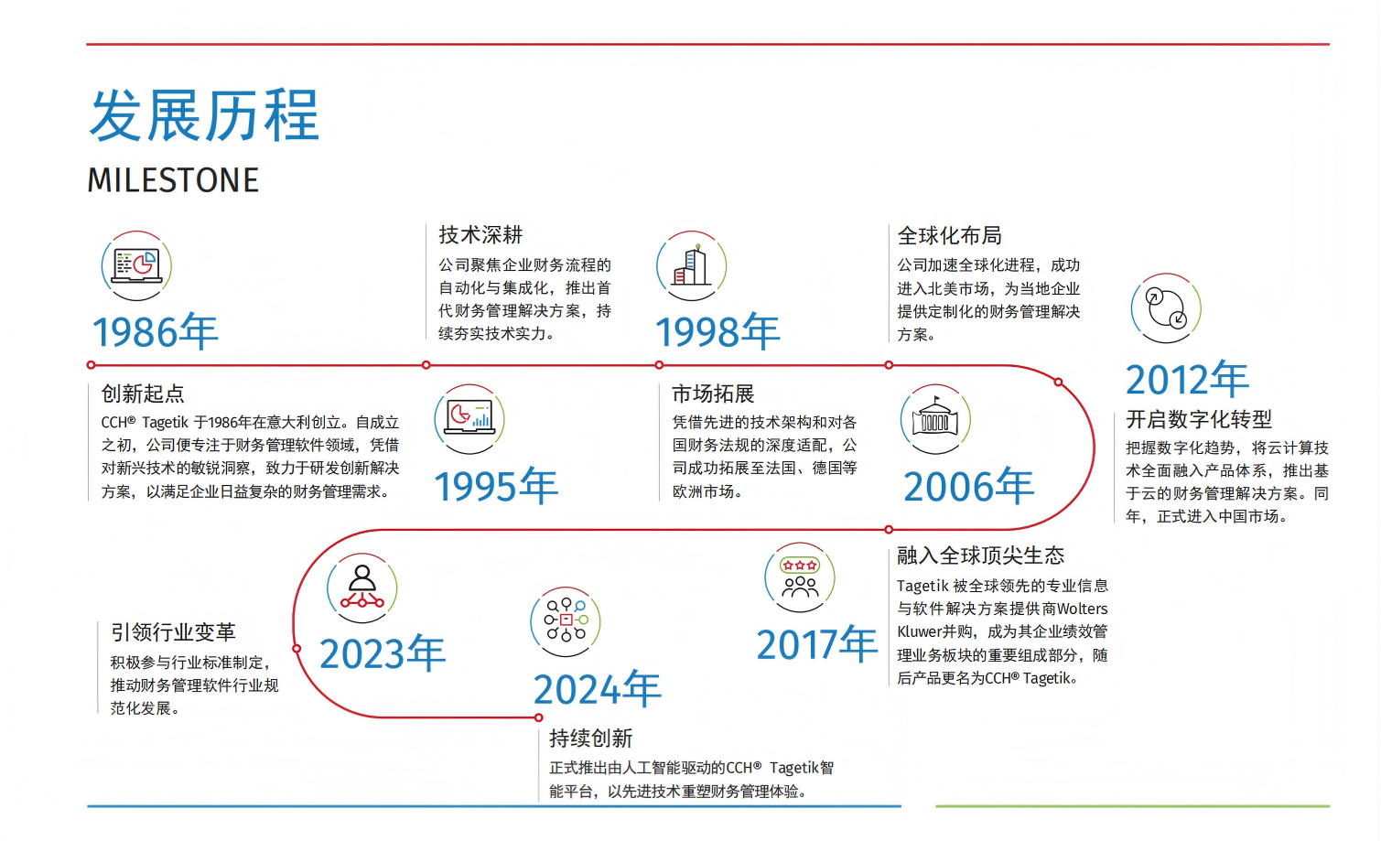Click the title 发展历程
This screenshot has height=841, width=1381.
point(205,115)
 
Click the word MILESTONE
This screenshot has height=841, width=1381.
point(173,180)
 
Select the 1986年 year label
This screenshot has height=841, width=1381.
point(155,331)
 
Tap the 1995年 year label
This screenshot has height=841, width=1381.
point(496,486)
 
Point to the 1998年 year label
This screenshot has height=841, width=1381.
point(717,331)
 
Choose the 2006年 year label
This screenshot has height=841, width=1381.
point(968,486)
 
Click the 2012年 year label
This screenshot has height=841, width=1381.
point(1187,379)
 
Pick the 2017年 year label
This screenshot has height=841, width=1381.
point(817,643)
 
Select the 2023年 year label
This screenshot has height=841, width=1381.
point(383,653)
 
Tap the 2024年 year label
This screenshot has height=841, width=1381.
point(598,688)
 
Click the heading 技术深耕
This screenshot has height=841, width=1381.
point(480,235)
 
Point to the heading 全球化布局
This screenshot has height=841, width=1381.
point(949,235)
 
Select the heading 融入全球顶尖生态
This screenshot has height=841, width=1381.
point(981,555)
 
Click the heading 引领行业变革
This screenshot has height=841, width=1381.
point(173,632)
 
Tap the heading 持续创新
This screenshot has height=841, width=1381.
point(591,738)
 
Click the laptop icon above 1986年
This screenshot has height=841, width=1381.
point(136,265)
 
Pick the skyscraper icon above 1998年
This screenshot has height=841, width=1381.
point(691,265)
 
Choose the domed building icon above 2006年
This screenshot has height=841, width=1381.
point(935,419)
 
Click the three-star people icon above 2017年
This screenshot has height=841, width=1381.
point(800,577)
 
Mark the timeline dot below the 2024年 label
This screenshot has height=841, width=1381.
point(539,717)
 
